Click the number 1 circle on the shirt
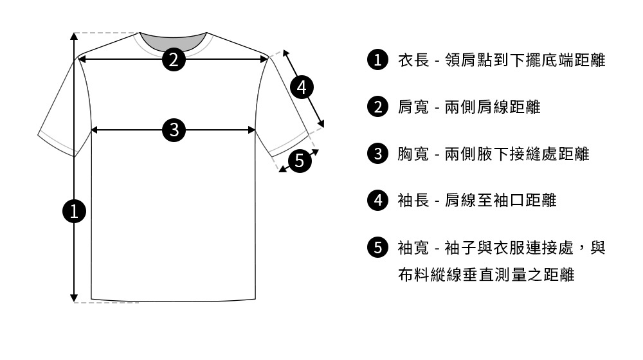(x=75, y=210)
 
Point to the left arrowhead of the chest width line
(x=95, y=130)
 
